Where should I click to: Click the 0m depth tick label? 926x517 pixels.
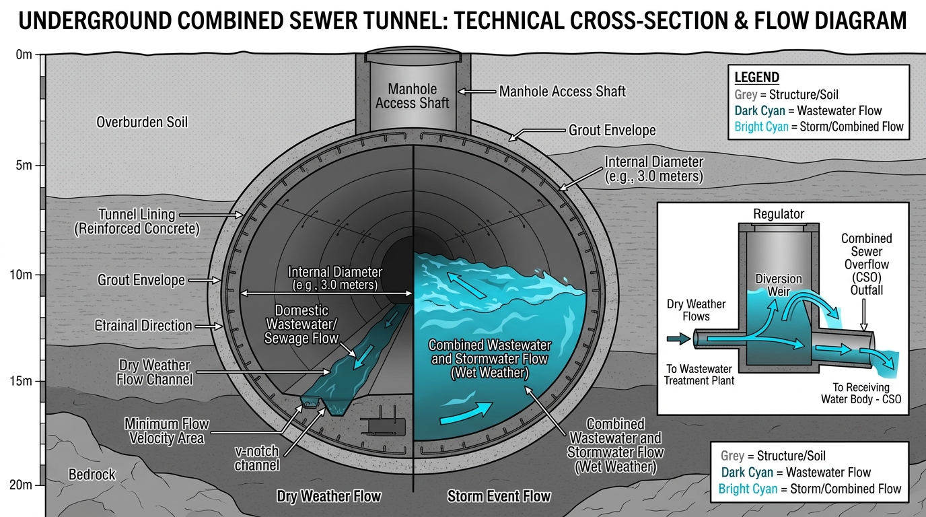[24, 55]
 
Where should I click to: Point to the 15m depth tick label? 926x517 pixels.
[21, 380]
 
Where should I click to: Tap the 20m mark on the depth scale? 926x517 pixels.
[21, 484]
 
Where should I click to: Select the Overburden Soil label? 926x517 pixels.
[142, 122]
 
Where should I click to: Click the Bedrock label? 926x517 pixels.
[92, 474]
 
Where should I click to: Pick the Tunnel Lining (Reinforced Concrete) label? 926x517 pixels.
[137, 221]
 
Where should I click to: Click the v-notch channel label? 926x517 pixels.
[256, 458]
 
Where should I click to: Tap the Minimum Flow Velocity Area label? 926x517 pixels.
[167, 431]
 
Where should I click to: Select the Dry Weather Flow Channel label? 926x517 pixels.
[154, 372]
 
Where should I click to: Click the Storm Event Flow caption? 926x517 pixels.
[499, 496]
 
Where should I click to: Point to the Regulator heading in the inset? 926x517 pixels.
[779, 214]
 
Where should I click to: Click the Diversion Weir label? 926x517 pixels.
[779, 285]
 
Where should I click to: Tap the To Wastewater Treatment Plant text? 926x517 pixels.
[699, 375]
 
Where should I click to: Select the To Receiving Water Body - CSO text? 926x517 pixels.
[861, 393]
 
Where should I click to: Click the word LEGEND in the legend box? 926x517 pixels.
[757, 77]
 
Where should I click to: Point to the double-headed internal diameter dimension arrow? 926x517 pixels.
[326, 294]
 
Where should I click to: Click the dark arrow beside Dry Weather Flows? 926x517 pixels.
[678, 339]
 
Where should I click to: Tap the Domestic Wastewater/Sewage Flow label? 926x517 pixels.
[301, 324]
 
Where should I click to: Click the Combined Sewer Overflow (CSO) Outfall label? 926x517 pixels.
[867, 265]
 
